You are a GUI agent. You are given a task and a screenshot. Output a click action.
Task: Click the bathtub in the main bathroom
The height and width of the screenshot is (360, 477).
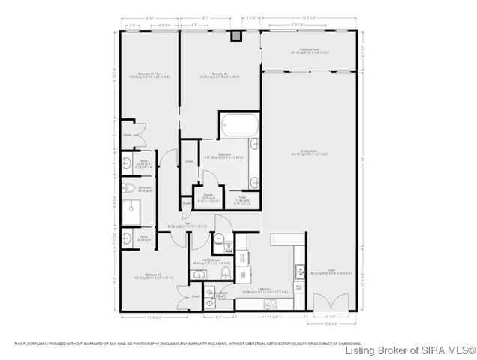(x=238, y=124)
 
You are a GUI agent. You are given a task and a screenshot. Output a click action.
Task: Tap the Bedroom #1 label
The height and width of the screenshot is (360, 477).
(x=220, y=74)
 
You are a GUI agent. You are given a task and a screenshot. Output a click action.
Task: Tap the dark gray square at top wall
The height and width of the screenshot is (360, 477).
(x=236, y=34)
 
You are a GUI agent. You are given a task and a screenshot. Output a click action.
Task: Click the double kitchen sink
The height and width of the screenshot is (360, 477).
(x=300, y=271)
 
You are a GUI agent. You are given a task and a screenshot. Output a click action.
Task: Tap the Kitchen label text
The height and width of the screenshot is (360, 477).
(x=265, y=287)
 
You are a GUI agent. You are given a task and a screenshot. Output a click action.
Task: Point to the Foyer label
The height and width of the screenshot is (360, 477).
(x=331, y=271)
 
